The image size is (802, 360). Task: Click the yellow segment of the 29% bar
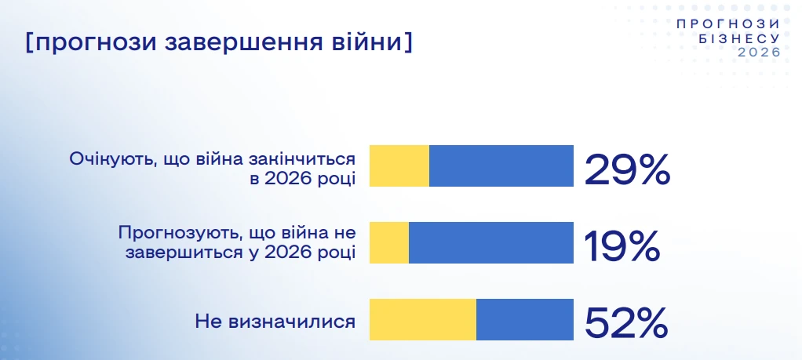[399, 165]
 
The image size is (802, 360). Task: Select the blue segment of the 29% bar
[501, 165]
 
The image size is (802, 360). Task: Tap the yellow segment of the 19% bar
[389, 243]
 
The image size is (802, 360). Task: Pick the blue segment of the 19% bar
[491, 243]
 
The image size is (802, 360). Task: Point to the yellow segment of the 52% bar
[423, 319]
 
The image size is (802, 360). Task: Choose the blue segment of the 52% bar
[525, 319]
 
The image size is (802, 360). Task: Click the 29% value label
[627, 169]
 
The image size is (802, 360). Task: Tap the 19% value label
[621, 246]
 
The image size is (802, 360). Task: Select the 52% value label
[626, 323]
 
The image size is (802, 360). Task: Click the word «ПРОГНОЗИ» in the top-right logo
[728, 24]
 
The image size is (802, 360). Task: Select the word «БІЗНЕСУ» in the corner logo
[739, 38]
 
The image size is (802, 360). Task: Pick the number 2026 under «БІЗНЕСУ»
[759, 53]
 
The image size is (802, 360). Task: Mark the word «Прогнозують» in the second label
[180, 233]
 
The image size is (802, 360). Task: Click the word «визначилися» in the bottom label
[291, 322]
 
